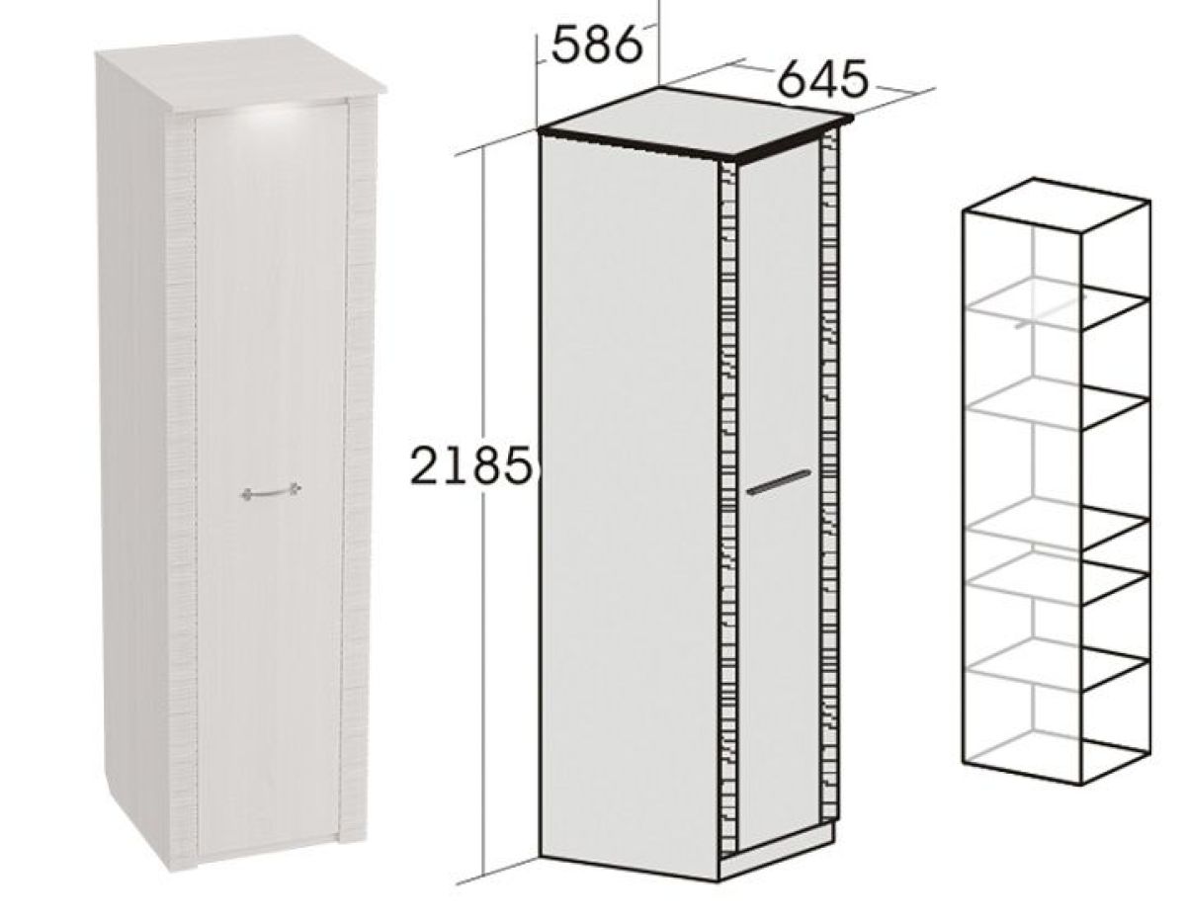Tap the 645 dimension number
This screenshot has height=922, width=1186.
click(822, 80)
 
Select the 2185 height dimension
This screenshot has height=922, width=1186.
click(470, 464)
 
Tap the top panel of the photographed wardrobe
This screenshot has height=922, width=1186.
click(240, 75)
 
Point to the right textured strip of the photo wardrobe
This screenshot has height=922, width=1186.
click(359, 461)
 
